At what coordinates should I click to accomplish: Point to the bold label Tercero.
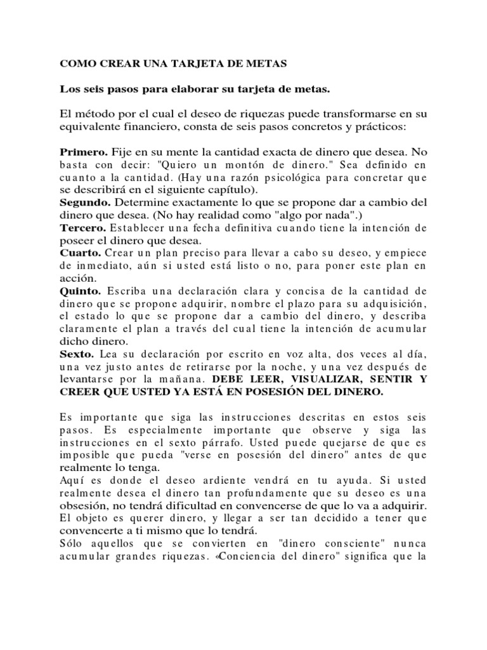pyautogui.click(x=82, y=227)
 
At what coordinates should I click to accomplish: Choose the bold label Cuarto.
pyautogui.click(x=81, y=251)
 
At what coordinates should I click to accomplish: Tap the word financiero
pyautogui.click(x=147, y=127)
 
